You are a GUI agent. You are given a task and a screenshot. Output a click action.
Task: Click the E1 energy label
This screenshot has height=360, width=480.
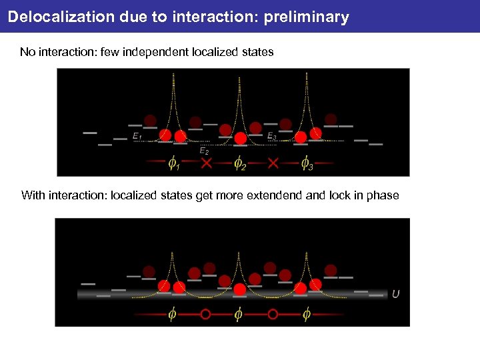click(x=137, y=137)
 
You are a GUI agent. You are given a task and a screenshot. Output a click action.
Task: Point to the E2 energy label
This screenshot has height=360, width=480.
click(x=205, y=151)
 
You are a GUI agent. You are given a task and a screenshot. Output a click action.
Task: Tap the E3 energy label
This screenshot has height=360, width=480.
click(x=272, y=137)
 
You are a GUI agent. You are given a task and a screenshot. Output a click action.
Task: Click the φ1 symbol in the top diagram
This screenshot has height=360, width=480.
click(x=173, y=163)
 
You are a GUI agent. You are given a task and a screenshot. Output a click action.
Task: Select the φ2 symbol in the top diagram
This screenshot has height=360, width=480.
click(x=239, y=163)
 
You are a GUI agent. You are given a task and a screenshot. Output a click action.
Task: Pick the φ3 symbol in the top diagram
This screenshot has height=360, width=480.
click(x=306, y=163)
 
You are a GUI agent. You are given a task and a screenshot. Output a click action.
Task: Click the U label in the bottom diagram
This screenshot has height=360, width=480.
click(x=396, y=294)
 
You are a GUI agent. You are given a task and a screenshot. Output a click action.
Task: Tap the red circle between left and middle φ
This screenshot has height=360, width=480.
click(x=205, y=313)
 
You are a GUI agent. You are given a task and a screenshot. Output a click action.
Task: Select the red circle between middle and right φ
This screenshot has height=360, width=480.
click(x=273, y=313)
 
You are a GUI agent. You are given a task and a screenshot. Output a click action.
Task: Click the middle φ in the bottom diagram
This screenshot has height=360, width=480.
click(x=239, y=313)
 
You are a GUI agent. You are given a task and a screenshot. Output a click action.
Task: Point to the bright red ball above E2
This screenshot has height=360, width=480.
click(x=241, y=138)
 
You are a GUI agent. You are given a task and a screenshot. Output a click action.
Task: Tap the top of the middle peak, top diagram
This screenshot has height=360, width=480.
click(x=240, y=76)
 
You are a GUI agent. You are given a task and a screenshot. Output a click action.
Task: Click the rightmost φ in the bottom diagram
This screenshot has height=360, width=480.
click(x=306, y=313)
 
